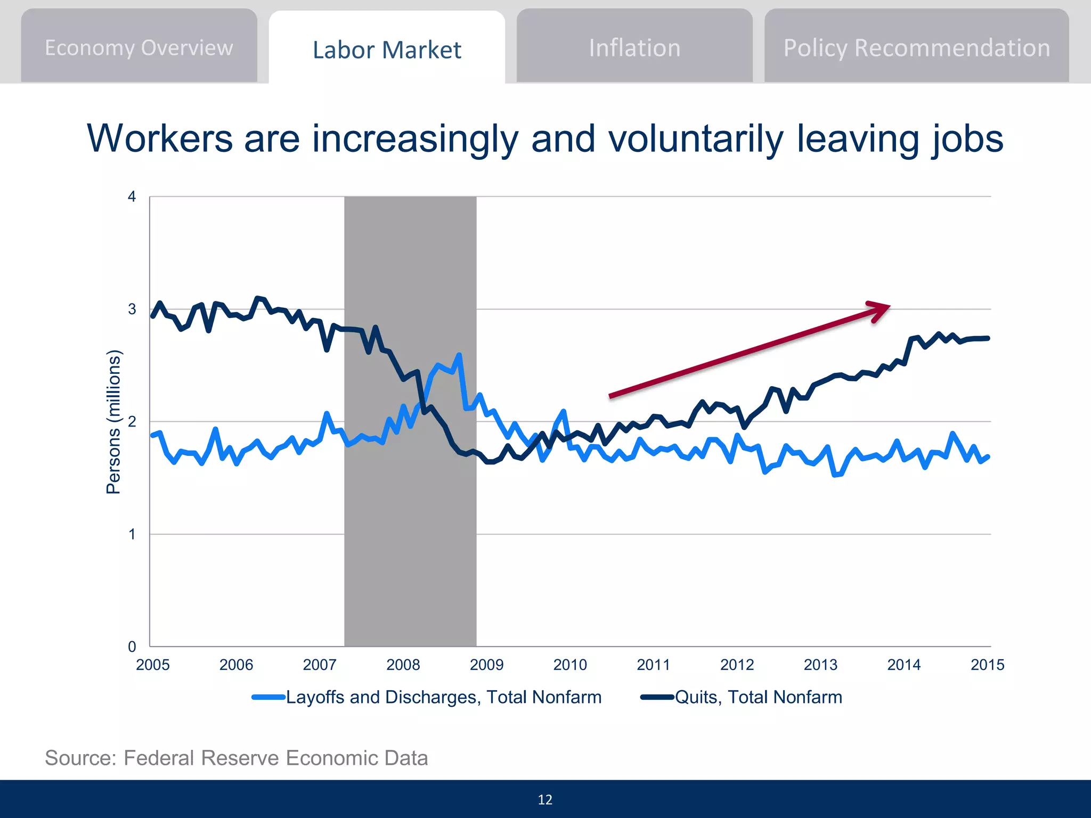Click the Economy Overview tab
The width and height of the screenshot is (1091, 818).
click(x=139, y=48)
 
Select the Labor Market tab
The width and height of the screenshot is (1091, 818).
click(x=387, y=50)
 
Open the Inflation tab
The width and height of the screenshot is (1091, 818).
click(x=634, y=48)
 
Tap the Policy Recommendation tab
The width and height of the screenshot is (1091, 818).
click(x=916, y=48)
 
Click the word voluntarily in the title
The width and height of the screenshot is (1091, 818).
click(x=696, y=138)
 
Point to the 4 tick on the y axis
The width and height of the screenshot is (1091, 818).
click(x=132, y=197)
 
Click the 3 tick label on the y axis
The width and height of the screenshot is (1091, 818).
click(x=132, y=309)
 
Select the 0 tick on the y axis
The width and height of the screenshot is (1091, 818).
click(x=132, y=647)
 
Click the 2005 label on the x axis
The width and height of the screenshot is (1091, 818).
click(x=153, y=665)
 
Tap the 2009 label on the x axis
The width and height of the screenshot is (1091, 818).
click(x=486, y=665)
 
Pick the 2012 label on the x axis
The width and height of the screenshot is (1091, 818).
click(x=737, y=665)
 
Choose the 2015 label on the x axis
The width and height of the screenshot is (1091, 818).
click(x=987, y=665)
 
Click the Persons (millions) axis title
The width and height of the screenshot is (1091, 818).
click(x=113, y=422)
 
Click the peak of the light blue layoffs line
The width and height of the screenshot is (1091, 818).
click(x=459, y=355)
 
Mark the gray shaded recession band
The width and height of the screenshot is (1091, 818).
click(x=410, y=533)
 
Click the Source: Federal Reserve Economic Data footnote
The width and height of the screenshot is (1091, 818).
click(x=237, y=758)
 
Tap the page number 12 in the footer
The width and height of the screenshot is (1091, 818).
click(x=545, y=799)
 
